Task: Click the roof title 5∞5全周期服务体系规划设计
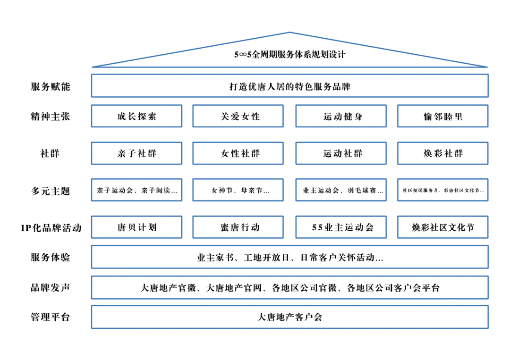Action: [x=289, y=55]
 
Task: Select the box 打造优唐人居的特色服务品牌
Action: [x=289, y=86]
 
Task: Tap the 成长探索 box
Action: [x=136, y=116]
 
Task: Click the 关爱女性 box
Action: [x=238, y=116]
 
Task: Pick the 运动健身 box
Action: [x=341, y=116]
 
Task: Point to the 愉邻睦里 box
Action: [x=442, y=116]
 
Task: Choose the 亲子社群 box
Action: [x=136, y=153]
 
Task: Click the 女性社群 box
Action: [x=238, y=153]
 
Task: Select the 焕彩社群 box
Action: [x=442, y=153]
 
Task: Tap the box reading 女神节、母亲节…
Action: [x=238, y=190]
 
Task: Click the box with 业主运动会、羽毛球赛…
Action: [x=341, y=190]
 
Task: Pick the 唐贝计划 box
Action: [x=136, y=227]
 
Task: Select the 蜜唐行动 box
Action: [x=238, y=227]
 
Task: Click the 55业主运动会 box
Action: [x=341, y=227]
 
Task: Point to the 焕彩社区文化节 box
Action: [x=442, y=227]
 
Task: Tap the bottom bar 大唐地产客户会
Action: [x=289, y=317]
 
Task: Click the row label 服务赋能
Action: [x=51, y=86]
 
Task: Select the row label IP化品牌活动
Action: [x=51, y=228]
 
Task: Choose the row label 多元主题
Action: [x=51, y=191]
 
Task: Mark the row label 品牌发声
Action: [x=51, y=287]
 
